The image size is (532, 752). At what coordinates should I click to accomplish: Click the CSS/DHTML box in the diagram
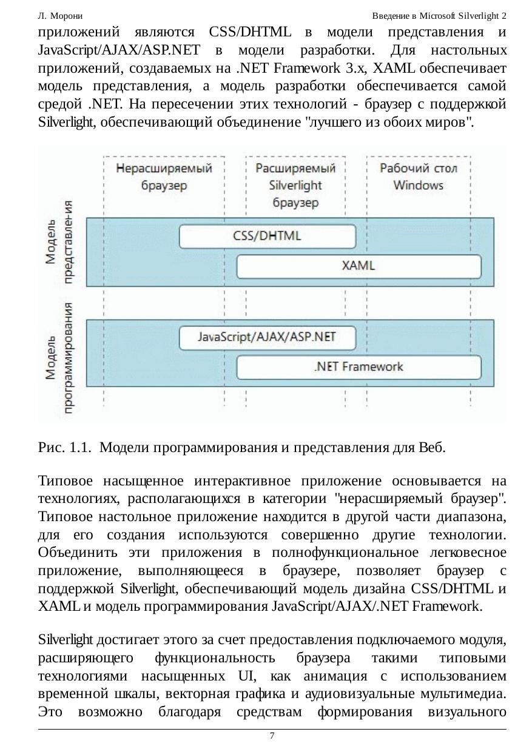[268, 236]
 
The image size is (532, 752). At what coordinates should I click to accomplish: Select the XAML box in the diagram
[359, 265]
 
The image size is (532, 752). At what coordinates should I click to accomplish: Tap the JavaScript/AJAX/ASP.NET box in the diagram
[268, 338]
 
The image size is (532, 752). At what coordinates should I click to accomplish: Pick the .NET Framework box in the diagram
[359, 367]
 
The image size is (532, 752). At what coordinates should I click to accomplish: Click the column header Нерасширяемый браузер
[164, 176]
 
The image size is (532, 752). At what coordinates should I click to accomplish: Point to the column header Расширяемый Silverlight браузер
[295, 185]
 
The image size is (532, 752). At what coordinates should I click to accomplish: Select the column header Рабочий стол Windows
[419, 176]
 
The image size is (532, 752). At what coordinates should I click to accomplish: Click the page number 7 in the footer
[272, 736]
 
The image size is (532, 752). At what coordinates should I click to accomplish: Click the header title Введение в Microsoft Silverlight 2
[439, 15]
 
